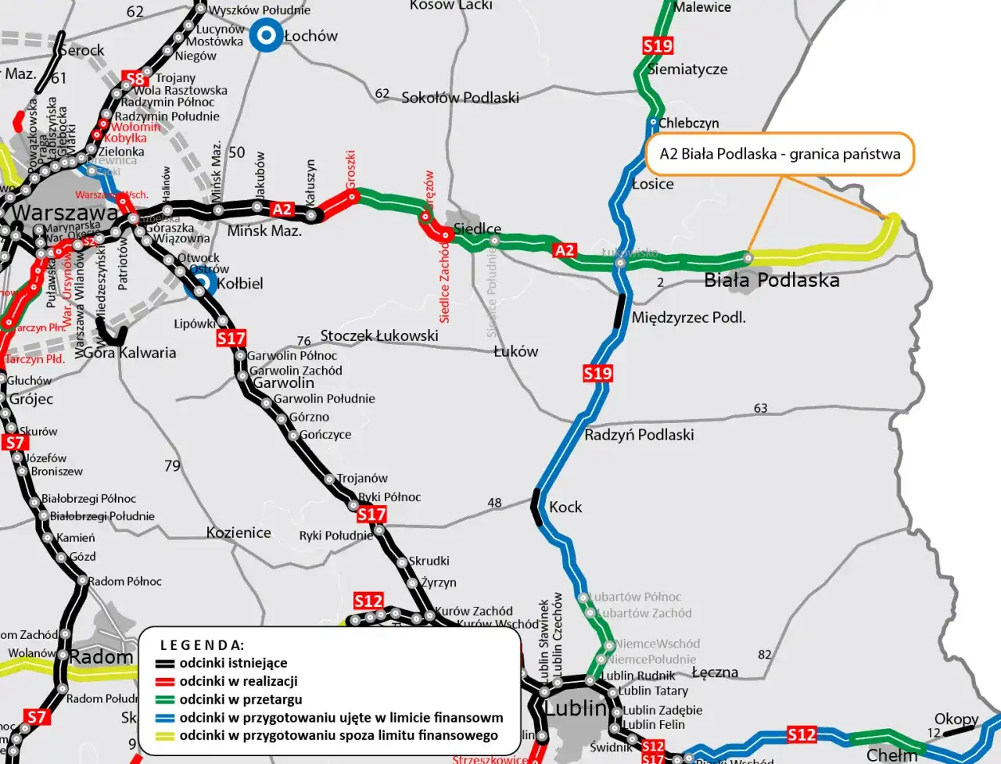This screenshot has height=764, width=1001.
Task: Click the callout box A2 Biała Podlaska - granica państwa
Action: [780, 153]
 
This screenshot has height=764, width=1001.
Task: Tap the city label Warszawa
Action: [65, 213]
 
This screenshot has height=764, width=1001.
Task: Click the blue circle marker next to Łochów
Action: [266, 35]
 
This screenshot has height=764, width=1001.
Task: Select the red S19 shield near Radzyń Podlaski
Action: [597, 374]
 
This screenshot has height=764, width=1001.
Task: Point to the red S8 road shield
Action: [135, 78]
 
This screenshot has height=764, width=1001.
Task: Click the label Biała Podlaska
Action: [771, 280]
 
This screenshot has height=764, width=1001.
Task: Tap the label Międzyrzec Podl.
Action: [688, 317]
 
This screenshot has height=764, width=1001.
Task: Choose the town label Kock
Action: [565, 507]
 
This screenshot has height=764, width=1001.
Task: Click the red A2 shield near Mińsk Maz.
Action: [282, 210]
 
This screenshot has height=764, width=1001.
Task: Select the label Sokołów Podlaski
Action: [460, 98]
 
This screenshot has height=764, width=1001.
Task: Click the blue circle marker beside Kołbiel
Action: [201, 284]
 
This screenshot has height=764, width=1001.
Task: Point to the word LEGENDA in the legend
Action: [202, 645]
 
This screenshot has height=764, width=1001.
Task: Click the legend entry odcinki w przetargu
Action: [240, 699]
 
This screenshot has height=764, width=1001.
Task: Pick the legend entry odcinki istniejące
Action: [233, 663]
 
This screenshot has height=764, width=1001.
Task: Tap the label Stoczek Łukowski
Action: [379, 335]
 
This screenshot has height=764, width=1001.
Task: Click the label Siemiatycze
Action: [687, 69]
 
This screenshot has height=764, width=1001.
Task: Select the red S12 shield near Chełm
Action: [802, 734]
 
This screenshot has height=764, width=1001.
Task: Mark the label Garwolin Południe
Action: [325, 399]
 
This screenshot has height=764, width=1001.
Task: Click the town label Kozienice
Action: [239, 533]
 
